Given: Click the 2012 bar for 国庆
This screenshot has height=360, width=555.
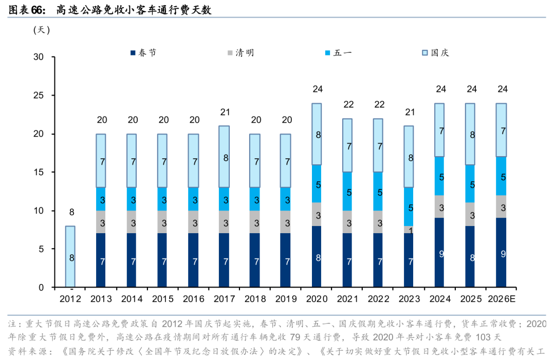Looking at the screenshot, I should (70, 257).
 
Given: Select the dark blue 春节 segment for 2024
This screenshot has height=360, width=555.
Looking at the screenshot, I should (441, 253).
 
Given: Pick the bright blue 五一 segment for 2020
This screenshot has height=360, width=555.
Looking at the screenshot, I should (318, 184).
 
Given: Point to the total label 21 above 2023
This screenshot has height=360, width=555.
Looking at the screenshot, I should (410, 112).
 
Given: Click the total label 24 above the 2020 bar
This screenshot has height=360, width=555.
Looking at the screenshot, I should (318, 89).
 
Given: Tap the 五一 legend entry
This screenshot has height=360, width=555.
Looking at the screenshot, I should (339, 52).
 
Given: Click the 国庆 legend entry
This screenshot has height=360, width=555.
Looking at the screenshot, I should (436, 52).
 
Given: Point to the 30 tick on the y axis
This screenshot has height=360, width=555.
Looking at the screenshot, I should (39, 57).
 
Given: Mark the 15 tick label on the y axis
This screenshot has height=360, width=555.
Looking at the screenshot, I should (39, 172).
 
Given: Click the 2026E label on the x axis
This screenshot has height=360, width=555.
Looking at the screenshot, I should (502, 299).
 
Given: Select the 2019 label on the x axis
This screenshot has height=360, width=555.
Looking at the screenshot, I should (287, 299).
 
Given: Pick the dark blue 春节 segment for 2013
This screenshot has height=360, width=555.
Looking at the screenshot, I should (101, 260).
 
